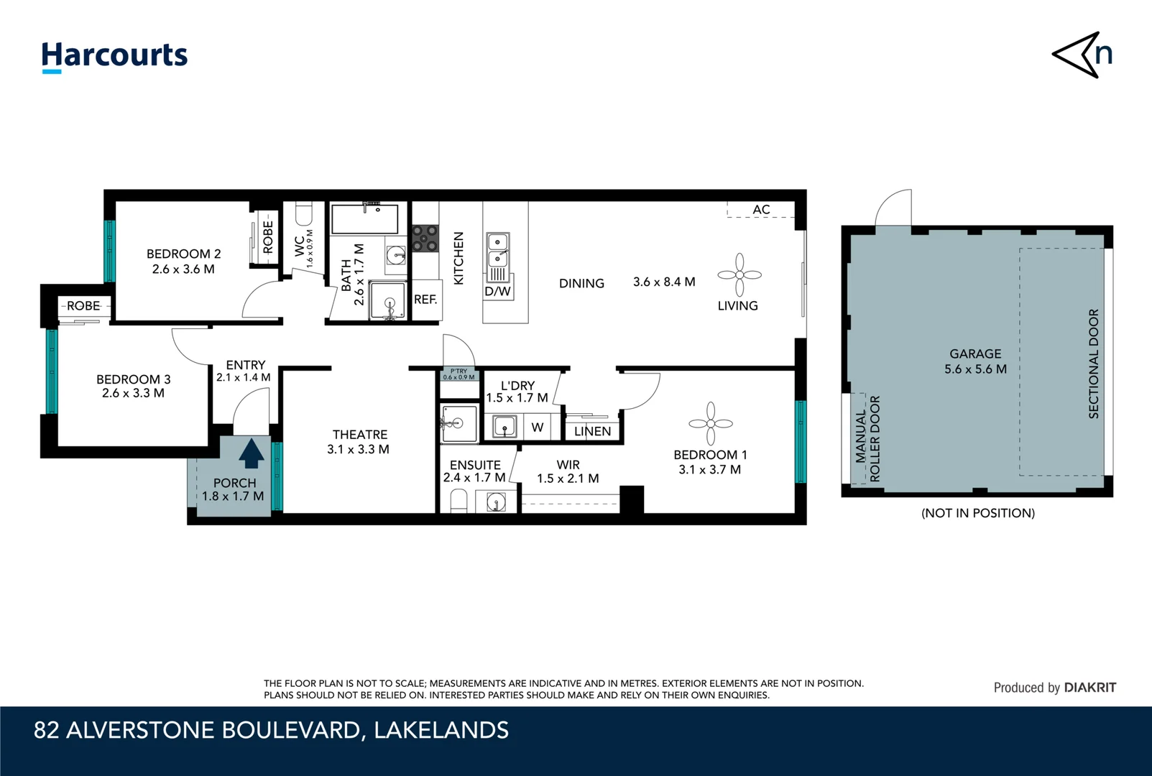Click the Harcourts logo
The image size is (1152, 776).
114,56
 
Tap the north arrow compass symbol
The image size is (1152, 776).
1082,55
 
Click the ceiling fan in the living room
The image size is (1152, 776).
739,274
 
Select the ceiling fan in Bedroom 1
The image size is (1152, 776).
710,423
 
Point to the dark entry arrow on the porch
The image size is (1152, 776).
251,454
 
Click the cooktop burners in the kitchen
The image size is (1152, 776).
425,239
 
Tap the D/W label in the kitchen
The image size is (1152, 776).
497,291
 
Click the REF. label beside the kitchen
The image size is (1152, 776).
425,300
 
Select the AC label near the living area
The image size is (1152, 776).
761,210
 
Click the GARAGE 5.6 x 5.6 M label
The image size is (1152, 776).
975,361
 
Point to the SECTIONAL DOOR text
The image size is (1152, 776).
1094,364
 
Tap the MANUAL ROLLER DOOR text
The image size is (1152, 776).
867,438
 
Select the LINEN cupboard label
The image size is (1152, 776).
592,431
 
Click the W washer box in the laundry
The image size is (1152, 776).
537,428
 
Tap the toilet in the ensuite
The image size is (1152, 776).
459,501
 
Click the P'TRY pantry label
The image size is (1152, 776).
459,374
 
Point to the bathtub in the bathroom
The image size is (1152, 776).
364,220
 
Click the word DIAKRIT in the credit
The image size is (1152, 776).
1089,688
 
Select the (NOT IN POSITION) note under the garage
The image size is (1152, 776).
977,513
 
